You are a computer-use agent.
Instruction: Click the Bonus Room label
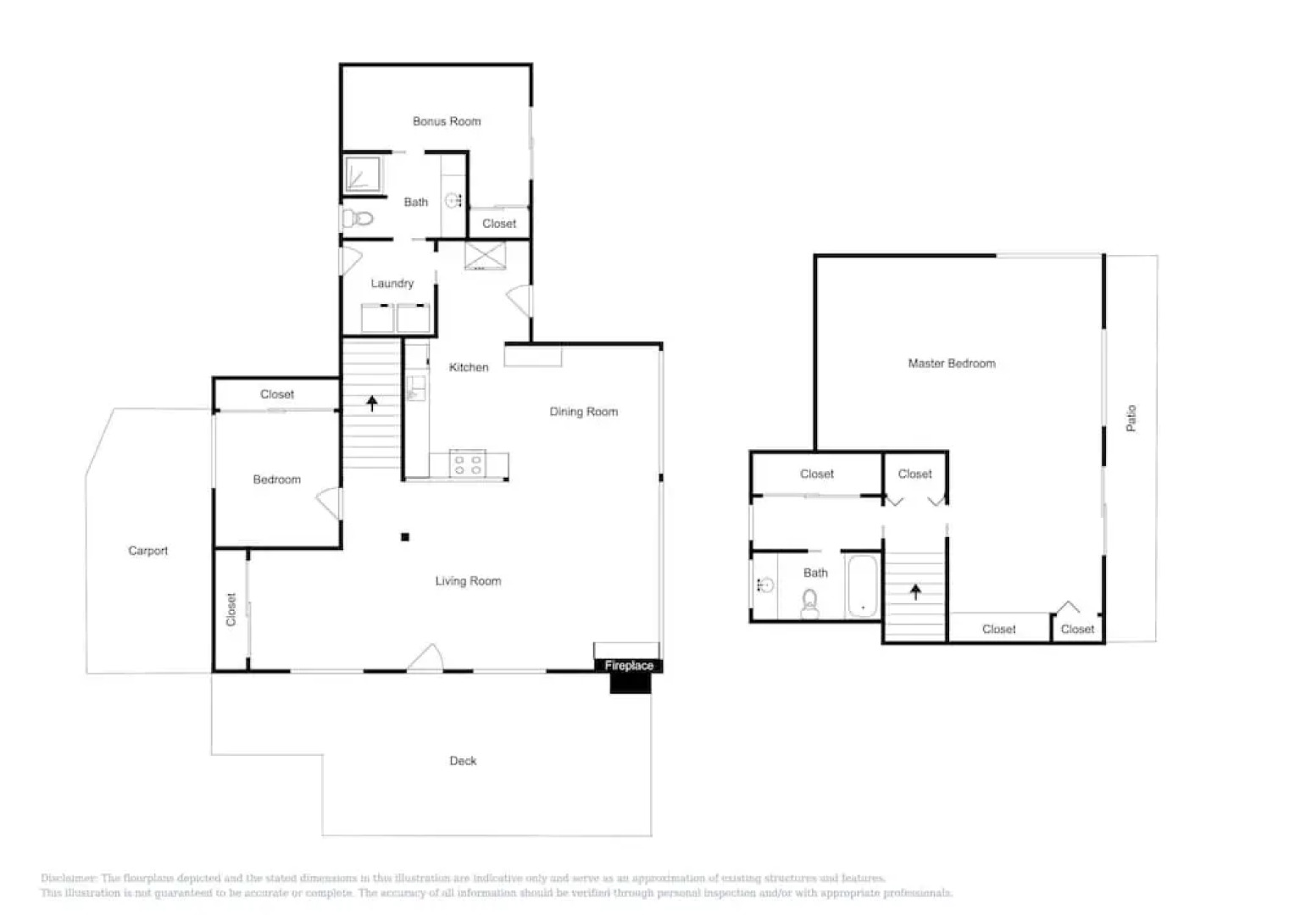[x=447, y=121]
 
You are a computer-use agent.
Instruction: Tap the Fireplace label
[x=629, y=666]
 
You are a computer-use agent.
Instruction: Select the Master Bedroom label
[x=952, y=363]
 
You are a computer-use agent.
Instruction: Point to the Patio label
[x=1131, y=418]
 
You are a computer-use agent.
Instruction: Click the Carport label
[x=148, y=551]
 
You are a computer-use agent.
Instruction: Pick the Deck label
[x=463, y=761]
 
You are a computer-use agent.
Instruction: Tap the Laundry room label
[x=392, y=283]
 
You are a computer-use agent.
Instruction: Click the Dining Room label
[x=584, y=412]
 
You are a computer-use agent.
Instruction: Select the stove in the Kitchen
[x=467, y=465]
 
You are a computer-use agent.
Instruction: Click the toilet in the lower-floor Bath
[x=359, y=219]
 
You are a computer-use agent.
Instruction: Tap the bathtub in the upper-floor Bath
[x=863, y=586]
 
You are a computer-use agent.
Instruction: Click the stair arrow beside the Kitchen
[x=371, y=403]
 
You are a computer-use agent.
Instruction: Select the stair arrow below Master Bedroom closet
[x=915, y=591]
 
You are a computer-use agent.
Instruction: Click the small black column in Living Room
[x=405, y=537]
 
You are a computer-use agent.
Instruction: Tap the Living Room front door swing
[x=426, y=658]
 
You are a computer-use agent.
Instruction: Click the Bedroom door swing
[x=330, y=504]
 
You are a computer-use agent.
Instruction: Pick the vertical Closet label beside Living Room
[x=231, y=609]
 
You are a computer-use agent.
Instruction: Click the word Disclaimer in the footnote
[x=69, y=879]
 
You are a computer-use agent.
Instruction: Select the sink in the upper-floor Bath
[x=765, y=585]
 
